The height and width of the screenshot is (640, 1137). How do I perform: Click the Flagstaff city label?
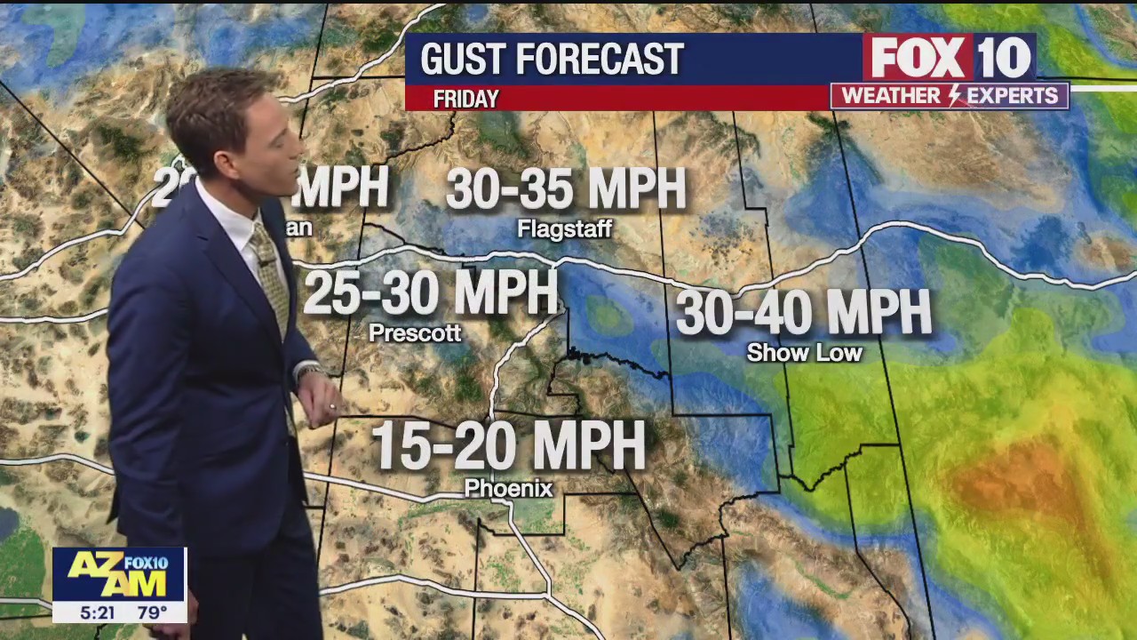pyautogui.click(x=565, y=229)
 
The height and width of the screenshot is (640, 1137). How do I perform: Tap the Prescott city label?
pyautogui.click(x=415, y=333)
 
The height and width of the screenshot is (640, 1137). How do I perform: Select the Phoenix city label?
pyautogui.click(x=508, y=488)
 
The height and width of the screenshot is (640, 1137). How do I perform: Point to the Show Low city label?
pyautogui.click(x=804, y=353)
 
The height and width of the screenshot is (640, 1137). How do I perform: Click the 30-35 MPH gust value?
pyautogui.click(x=566, y=188)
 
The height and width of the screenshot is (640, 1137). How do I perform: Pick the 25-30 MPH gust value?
pyautogui.click(x=431, y=292)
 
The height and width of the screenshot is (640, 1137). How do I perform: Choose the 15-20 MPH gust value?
pyautogui.click(x=508, y=445)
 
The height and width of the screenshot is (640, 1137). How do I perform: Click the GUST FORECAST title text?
pyautogui.click(x=552, y=60)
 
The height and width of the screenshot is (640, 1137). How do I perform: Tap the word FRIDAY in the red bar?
pyautogui.click(x=465, y=100)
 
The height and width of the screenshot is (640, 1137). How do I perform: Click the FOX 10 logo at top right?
pyautogui.click(x=950, y=58)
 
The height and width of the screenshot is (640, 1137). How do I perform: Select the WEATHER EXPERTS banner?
pyautogui.click(x=950, y=96)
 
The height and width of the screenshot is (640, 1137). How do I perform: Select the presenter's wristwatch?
pyautogui.click(x=307, y=372)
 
